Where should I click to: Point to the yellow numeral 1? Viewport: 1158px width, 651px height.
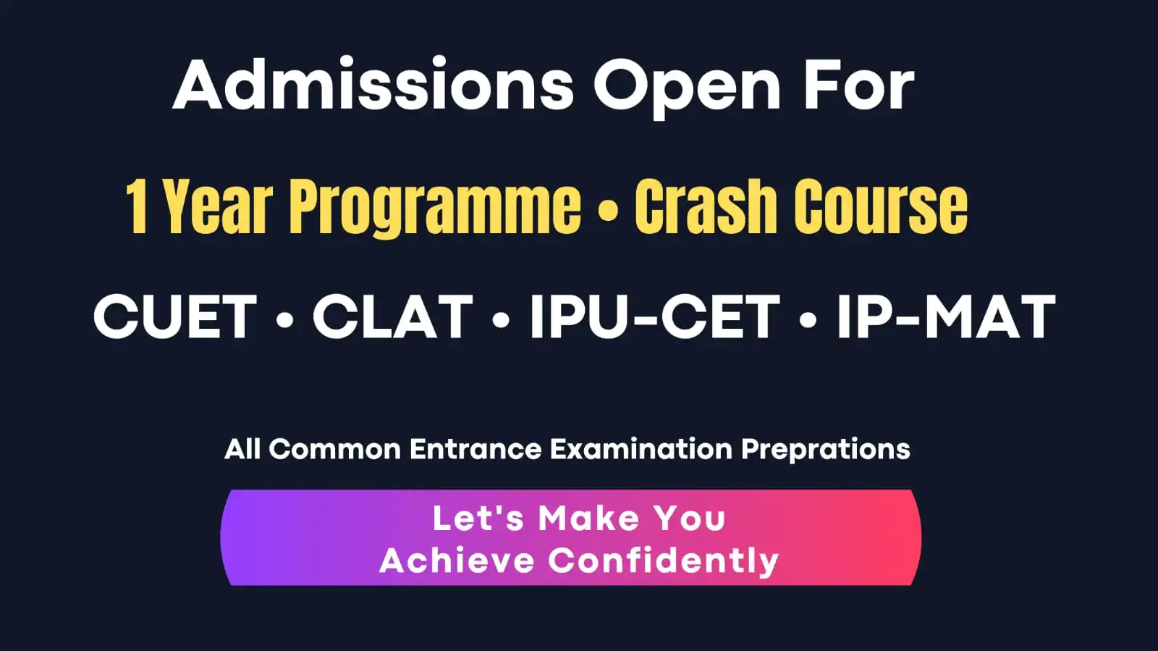point(137,208)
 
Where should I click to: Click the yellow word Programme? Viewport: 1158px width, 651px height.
point(435,209)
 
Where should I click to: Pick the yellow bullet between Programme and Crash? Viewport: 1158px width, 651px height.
point(609,211)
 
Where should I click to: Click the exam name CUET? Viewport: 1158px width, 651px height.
point(175,317)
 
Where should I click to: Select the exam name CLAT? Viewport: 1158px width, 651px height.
point(392,317)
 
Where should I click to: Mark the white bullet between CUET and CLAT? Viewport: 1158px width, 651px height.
point(285,319)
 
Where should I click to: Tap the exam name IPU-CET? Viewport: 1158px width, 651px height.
point(654,317)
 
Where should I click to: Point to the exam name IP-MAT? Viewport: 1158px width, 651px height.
point(946,317)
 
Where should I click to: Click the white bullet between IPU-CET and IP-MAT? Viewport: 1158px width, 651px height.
point(808,319)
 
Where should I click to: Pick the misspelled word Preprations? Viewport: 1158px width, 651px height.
point(825,450)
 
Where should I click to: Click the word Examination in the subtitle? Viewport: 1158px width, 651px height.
point(641,449)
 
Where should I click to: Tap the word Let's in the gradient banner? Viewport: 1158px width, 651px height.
point(478,518)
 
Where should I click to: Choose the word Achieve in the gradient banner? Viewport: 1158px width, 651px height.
point(457,560)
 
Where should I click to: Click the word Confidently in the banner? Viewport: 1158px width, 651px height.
point(663,561)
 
